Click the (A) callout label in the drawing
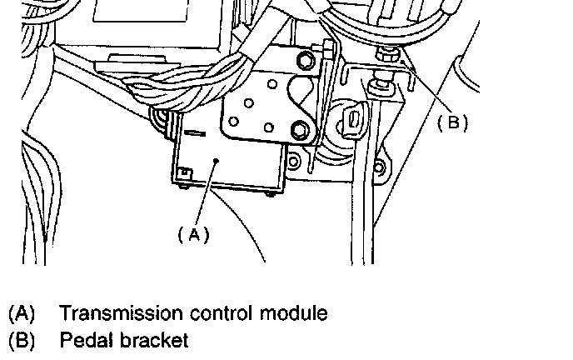193,235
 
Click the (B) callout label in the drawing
452,122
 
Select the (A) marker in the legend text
22,314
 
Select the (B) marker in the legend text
22,340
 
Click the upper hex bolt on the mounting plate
305,59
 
